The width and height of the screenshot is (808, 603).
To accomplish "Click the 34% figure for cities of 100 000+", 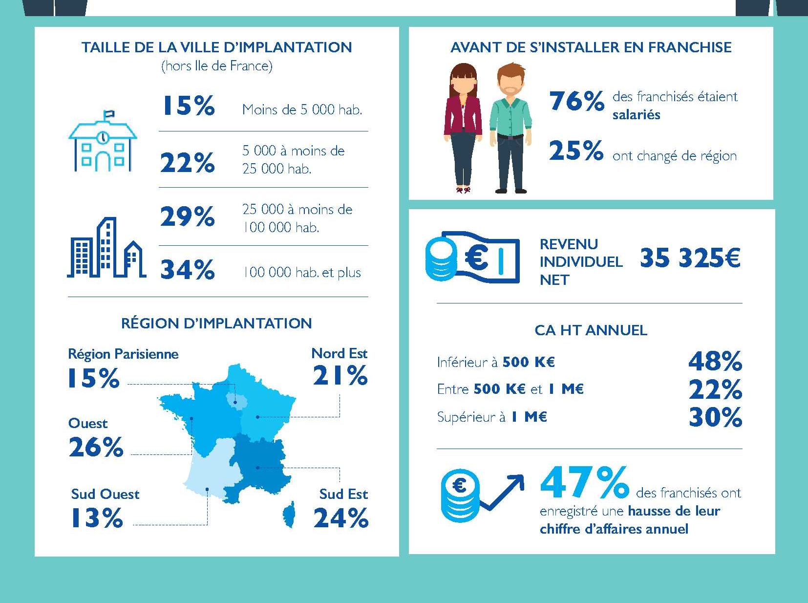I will pyautogui.click(x=188, y=270).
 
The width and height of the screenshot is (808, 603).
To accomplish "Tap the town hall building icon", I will pyautogui.click(x=103, y=142).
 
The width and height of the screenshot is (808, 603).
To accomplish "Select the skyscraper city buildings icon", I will pyautogui.click(x=106, y=249).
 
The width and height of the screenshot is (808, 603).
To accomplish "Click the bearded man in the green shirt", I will pyautogui.click(x=510, y=128).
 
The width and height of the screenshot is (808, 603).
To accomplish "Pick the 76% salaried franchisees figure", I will pyautogui.click(x=576, y=101).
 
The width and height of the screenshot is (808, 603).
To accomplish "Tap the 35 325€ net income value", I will pyautogui.click(x=690, y=258).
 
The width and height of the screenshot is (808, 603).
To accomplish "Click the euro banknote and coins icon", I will pyautogui.click(x=472, y=257).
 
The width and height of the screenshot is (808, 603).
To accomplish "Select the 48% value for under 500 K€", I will pyautogui.click(x=715, y=362).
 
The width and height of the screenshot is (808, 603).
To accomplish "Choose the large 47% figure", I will pyautogui.click(x=584, y=483).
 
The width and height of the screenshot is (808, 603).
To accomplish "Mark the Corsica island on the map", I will pyautogui.click(x=290, y=515).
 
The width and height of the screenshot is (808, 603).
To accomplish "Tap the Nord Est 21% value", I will pyautogui.click(x=340, y=376).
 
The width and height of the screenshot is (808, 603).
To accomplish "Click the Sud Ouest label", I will pyautogui.click(x=105, y=494).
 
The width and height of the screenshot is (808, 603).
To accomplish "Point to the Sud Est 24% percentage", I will pyautogui.click(x=341, y=518).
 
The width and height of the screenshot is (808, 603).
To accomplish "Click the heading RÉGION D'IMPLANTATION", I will pyautogui.click(x=216, y=323).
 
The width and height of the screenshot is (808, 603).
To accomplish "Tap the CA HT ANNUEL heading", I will pyautogui.click(x=591, y=330).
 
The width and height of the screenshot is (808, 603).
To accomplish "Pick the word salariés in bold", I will pyautogui.click(x=636, y=115).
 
